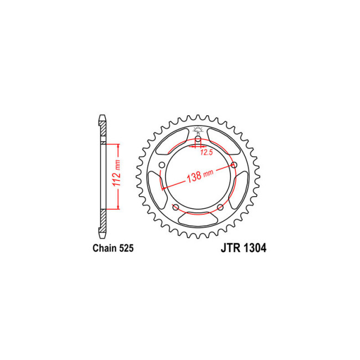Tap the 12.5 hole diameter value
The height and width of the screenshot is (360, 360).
[x=206, y=152]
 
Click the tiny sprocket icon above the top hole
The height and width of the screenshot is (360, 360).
[x=198, y=131]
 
